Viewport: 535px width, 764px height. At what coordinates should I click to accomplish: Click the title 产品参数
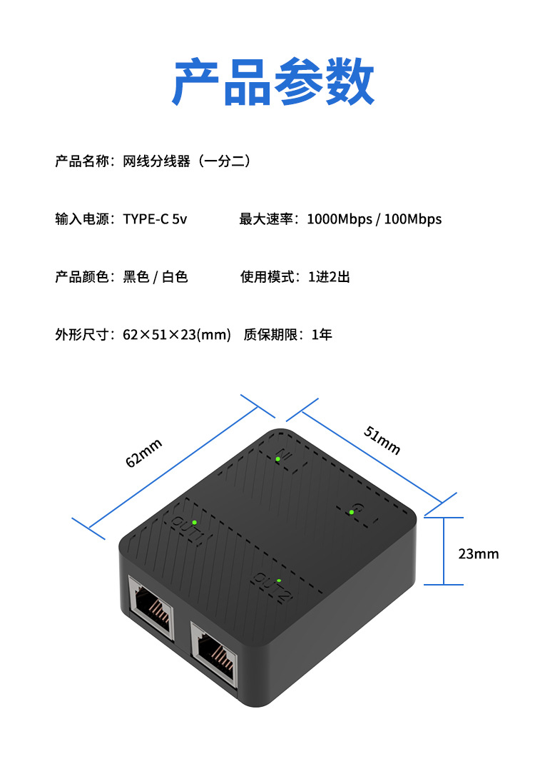(x=273, y=83)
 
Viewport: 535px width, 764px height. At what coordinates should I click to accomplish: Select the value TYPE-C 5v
(x=155, y=219)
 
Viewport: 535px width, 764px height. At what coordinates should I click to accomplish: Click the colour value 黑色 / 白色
(x=155, y=277)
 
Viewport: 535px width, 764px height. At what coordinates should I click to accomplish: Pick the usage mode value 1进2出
(x=329, y=277)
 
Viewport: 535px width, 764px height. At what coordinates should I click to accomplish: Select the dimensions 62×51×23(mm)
(x=177, y=334)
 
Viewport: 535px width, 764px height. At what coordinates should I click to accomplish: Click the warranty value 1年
(x=322, y=334)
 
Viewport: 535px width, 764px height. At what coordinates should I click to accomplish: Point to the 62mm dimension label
(x=144, y=453)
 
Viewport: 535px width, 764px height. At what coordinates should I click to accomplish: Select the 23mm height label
(x=479, y=554)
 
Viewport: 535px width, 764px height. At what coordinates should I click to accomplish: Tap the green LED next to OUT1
(x=194, y=522)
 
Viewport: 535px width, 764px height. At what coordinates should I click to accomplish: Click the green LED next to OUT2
(x=279, y=580)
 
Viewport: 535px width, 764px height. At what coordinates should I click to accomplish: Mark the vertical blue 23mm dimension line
(x=444, y=551)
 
